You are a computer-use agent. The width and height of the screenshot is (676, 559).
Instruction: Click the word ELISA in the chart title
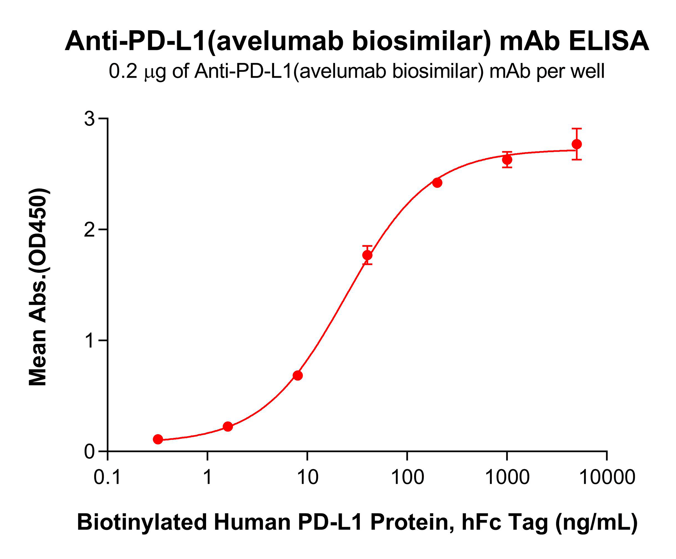(609, 41)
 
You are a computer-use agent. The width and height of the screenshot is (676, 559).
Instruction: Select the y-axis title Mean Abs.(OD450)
(38, 287)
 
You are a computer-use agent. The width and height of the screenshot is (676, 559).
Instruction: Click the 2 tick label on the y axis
(90, 230)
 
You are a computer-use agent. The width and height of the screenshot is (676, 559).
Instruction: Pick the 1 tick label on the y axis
(90, 340)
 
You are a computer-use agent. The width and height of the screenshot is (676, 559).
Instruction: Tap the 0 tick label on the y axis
(90, 452)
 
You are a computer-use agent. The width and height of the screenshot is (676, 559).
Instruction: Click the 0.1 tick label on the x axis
(107, 477)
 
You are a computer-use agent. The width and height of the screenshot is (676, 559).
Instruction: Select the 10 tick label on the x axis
(307, 477)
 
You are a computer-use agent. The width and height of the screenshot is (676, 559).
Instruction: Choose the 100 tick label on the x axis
(407, 477)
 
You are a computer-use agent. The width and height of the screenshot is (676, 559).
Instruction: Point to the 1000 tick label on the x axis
(507, 477)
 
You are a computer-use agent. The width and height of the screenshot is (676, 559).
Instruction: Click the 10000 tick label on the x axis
(607, 477)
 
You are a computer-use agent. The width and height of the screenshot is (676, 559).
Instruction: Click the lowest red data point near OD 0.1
(158, 439)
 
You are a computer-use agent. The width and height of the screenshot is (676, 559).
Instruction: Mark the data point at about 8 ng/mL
(298, 376)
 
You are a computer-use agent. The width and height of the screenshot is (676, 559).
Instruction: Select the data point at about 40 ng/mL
(367, 255)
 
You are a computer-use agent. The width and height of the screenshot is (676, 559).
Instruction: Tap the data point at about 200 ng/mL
(437, 182)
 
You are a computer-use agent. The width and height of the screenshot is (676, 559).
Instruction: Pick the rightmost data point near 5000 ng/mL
(577, 144)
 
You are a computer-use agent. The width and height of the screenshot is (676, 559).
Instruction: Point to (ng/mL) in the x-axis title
(596, 522)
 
